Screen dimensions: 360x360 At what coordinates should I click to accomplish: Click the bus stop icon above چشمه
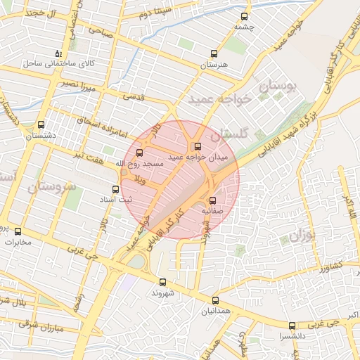point(244,16)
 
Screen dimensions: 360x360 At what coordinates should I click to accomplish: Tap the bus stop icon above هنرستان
point(214,53)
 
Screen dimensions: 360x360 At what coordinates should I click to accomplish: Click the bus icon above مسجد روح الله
point(139,151)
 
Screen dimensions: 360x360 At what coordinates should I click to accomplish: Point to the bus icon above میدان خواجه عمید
point(198,147)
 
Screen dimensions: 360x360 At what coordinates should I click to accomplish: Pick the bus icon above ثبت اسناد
point(116,188)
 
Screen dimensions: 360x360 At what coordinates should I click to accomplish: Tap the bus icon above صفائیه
point(212,200)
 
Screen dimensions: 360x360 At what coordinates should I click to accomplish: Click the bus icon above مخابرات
point(18,231)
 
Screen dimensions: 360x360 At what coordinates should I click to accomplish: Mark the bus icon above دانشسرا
point(292,326)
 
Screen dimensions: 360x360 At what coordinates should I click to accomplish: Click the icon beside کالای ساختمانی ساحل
point(58,53)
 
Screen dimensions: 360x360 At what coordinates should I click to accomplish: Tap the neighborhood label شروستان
point(53,188)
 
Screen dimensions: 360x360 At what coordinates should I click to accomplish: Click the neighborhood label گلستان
point(230,133)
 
